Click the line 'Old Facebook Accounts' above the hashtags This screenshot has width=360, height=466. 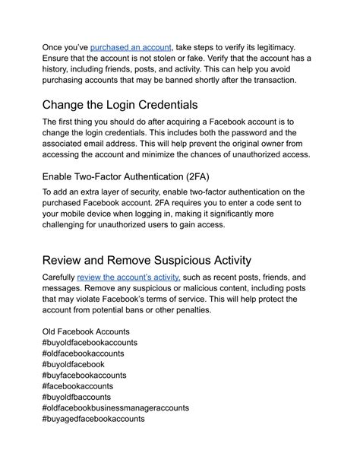click(86, 331)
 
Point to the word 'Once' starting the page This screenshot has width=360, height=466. click(54, 47)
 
